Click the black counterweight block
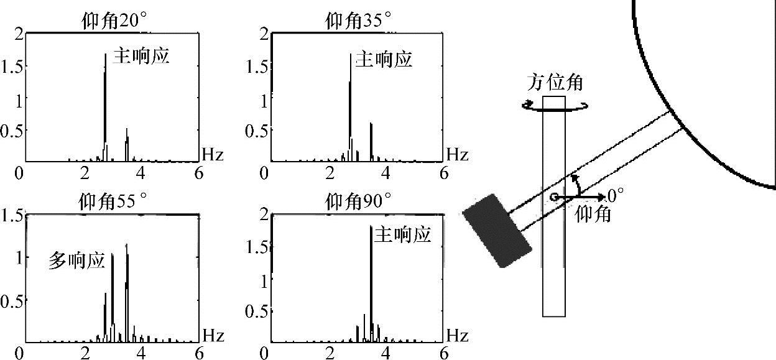497,230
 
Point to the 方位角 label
555,83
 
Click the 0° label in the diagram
616,196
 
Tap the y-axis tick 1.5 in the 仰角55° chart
12,216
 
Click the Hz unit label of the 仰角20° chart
213,154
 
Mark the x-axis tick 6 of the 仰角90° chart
443,353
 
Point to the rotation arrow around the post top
555,107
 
